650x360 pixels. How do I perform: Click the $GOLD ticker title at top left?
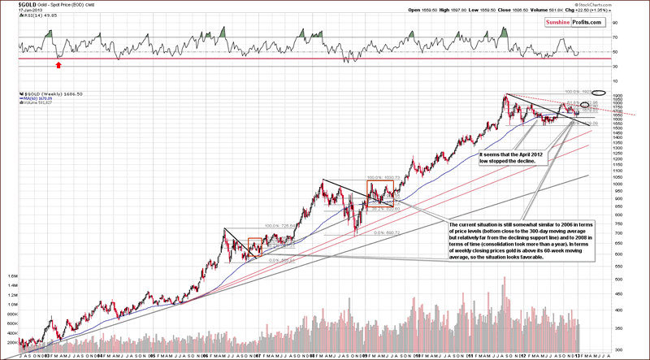[14, 4]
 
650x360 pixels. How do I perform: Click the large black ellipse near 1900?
[600, 93]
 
